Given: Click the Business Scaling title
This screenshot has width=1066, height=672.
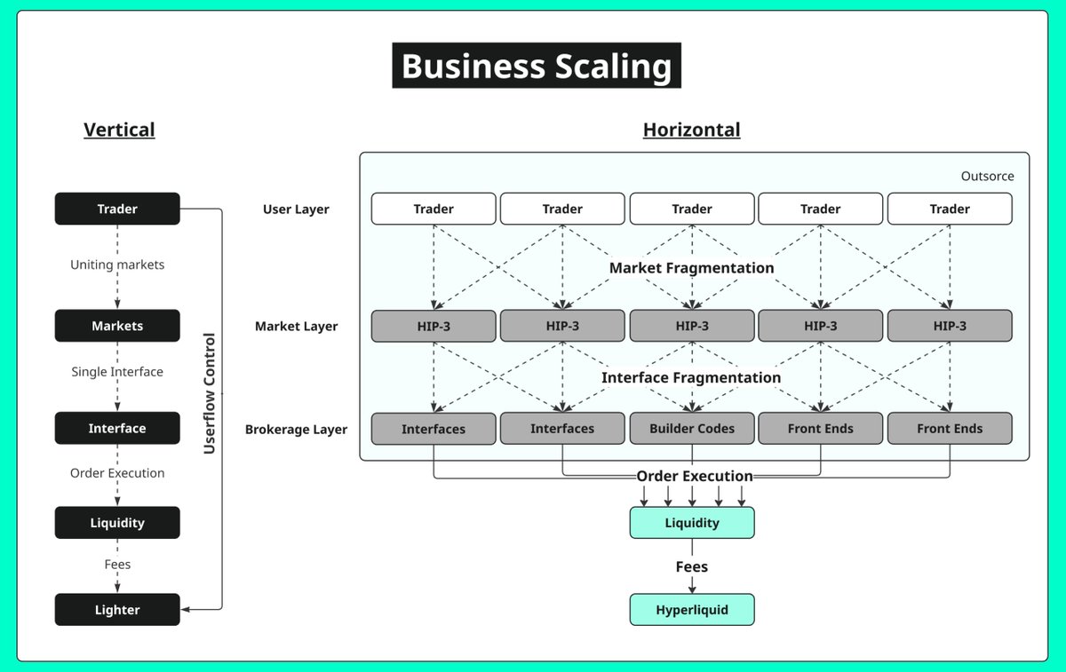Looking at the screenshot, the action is [x=537, y=66].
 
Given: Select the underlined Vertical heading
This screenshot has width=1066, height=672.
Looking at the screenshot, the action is [x=119, y=130].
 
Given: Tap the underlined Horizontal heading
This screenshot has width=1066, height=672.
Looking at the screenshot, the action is [x=691, y=130].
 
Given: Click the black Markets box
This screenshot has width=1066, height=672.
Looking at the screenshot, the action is [x=117, y=326].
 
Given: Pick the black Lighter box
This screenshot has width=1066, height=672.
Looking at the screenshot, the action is [x=117, y=610].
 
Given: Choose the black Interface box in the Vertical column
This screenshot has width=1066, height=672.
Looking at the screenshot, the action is [x=117, y=428].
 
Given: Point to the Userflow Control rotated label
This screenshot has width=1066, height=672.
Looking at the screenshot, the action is [x=210, y=394].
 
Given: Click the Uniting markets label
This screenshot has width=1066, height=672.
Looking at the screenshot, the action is [x=117, y=265].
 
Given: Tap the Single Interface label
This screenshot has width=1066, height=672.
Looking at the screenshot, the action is [x=117, y=371].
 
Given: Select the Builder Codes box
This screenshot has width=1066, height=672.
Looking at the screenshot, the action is [x=692, y=429].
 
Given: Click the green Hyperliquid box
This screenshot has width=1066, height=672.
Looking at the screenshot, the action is [x=692, y=610].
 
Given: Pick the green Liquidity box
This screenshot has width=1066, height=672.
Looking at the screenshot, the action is [x=692, y=523].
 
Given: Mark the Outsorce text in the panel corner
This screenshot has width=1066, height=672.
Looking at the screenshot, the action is [x=988, y=176].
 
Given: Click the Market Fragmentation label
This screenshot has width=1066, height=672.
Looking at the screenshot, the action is [x=691, y=268].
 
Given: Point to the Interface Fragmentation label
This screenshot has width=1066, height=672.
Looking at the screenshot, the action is [x=691, y=377].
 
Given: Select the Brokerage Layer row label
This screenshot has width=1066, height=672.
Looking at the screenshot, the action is [x=296, y=430].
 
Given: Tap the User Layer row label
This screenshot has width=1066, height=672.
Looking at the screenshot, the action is [x=296, y=210].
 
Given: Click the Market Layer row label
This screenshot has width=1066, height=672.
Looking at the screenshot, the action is [x=296, y=327].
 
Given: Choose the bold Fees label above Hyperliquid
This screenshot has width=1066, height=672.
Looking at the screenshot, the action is [x=692, y=567].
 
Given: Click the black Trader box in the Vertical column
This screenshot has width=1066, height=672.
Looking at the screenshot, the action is [x=117, y=209].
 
